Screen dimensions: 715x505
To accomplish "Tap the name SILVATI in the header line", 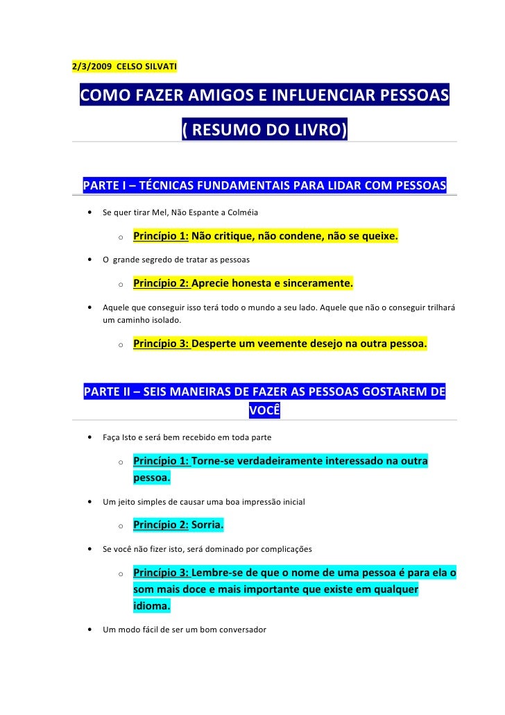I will [x=158, y=67].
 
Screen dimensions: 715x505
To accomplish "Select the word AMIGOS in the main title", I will [x=222, y=94].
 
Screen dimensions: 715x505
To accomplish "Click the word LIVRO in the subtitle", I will [x=318, y=129].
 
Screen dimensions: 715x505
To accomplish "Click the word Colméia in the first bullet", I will [x=241, y=212].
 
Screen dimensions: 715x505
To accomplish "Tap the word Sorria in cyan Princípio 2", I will [x=206, y=525].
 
